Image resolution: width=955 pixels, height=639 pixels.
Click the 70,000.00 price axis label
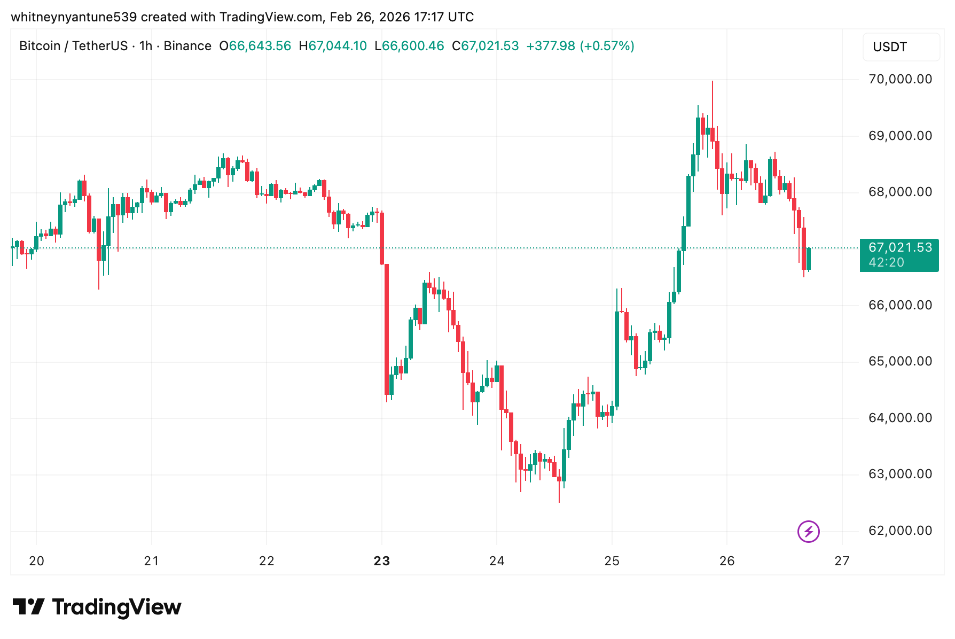[x=900, y=79]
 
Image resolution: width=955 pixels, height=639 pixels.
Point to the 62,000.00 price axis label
[x=900, y=531]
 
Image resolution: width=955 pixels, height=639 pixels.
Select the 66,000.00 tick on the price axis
[x=900, y=305]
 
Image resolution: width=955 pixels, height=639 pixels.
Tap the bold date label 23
[x=382, y=561]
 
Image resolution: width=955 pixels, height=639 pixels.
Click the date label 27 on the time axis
[x=842, y=561]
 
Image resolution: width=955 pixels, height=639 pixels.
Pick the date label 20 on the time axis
[x=36, y=561]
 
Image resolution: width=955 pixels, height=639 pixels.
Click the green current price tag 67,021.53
[x=900, y=247]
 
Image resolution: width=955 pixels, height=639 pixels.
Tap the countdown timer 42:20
[x=886, y=262]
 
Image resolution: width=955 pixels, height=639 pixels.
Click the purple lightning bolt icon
[x=808, y=532]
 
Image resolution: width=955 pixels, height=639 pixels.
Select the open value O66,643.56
[x=255, y=46]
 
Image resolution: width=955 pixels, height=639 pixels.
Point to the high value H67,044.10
[x=333, y=46]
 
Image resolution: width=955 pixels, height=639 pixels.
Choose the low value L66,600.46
[x=409, y=46]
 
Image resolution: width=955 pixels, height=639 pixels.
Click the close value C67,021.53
[x=486, y=46]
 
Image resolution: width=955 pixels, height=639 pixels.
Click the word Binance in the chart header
[x=187, y=46]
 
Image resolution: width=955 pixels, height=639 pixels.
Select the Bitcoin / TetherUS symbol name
[x=73, y=46]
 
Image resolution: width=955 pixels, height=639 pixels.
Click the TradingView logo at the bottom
[x=97, y=607]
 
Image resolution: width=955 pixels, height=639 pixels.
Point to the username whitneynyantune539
[x=74, y=17]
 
